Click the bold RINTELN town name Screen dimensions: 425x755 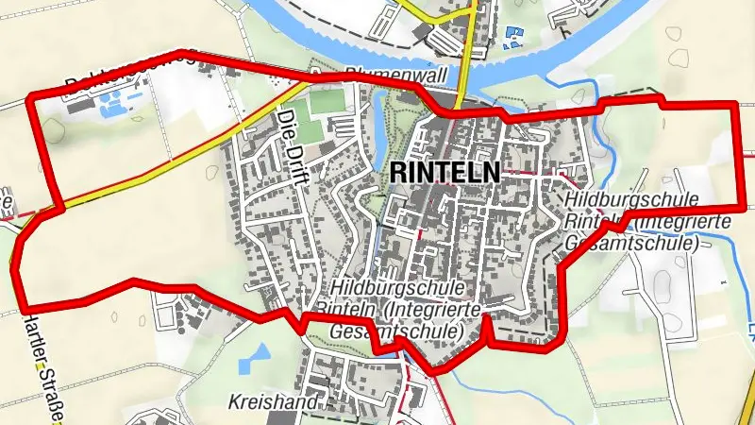445,173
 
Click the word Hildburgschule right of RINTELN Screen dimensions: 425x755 632,200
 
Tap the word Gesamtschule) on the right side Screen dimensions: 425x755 630,243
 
